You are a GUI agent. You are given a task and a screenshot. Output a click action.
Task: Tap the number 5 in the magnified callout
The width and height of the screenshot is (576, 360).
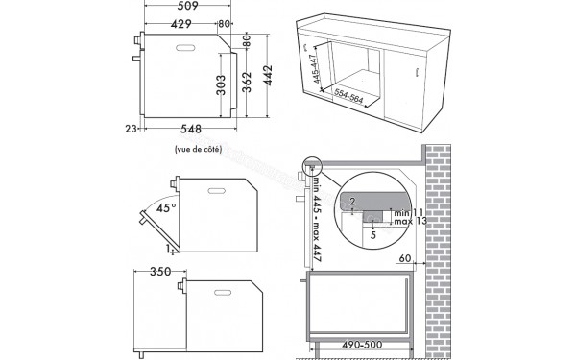[372, 231]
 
